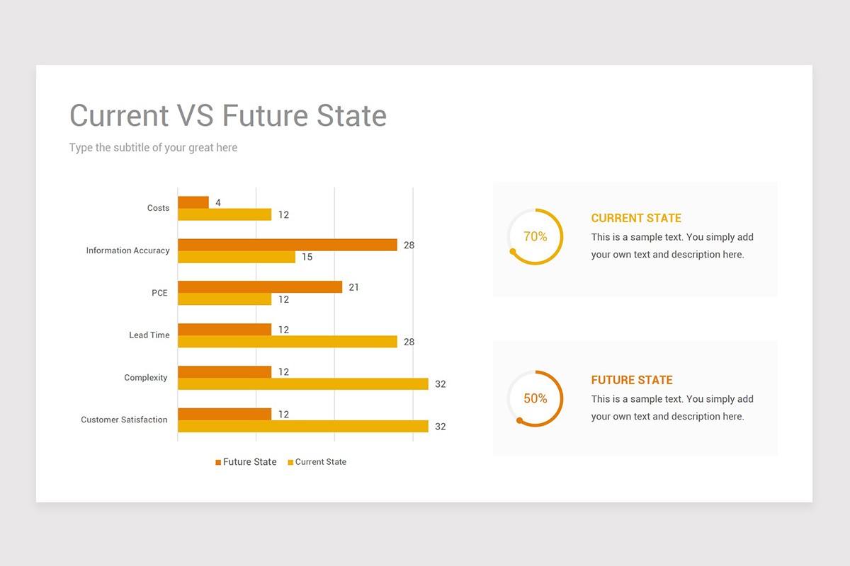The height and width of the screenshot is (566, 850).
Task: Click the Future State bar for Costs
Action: click(193, 202)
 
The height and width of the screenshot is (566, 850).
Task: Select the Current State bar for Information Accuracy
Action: click(237, 257)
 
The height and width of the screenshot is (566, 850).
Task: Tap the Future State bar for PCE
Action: click(260, 287)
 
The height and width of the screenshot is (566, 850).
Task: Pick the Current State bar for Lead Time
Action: click(287, 342)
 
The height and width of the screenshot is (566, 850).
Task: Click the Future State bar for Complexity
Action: click(225, 372)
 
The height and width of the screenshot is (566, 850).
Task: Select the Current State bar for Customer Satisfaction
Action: click(302, 426)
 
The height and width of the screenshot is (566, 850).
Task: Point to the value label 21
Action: click(354, 287)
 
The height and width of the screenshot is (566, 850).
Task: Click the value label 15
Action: click(307, 257)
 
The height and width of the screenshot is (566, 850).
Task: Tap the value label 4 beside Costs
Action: click(218, 203)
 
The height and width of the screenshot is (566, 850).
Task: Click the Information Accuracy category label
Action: click(127, 250)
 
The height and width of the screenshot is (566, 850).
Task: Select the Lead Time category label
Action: click(149, 335)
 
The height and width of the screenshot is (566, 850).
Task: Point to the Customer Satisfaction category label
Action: click(124, 420)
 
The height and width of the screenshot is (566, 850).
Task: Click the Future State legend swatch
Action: click(218, 463)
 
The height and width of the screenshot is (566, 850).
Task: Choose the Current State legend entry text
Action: click(320, 462)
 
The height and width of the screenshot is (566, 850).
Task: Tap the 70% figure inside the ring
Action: click(535, 237)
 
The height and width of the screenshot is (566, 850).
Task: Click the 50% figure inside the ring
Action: click(535, 399)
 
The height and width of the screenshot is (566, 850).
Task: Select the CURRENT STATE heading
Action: click(636, 218)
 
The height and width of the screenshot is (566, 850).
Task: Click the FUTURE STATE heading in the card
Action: click(632, 380)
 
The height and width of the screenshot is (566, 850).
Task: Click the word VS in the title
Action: click(195, 116)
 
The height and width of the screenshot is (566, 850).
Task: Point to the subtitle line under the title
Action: click(153, 148)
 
